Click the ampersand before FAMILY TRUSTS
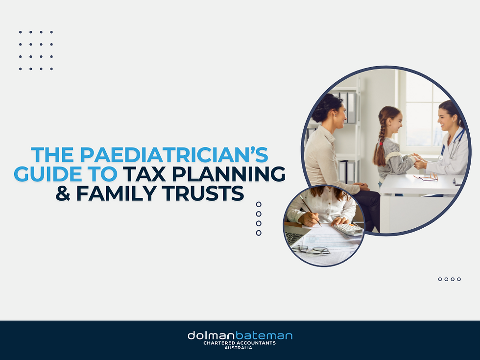click(62, 193)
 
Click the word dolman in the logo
click(211, 336)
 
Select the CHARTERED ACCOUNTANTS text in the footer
click(240, 343)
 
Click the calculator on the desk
click(348, 229)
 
